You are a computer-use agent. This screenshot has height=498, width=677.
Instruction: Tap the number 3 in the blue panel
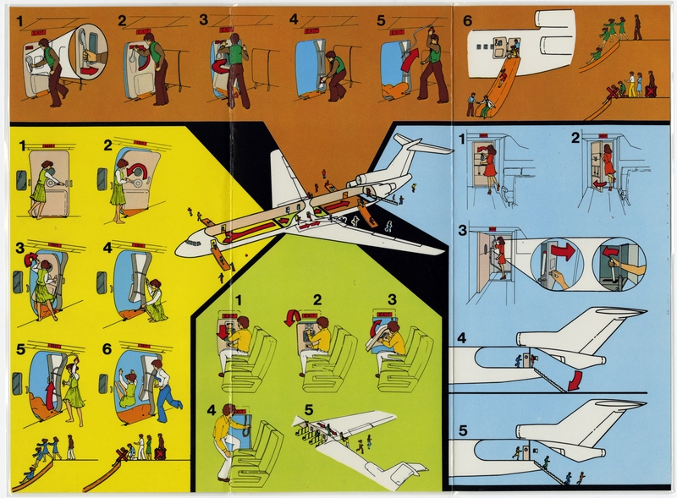click(x=462, y=230)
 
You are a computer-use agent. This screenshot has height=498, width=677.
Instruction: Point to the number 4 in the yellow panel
click(x=107, y=248)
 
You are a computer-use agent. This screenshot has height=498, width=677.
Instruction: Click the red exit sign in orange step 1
click(x=38, y=30)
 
